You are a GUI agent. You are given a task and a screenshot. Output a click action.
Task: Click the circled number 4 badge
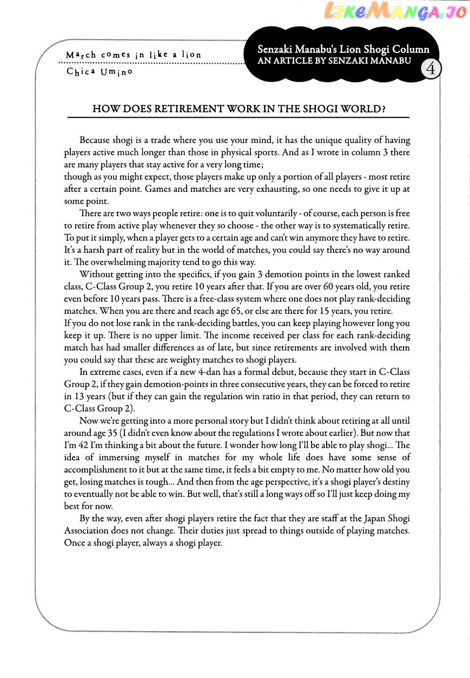pyautogui.click(x=431, y=69)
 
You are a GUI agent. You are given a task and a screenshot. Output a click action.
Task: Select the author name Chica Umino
pyautogui.click(x=99, y=71)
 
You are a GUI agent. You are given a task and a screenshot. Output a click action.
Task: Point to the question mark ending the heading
pyautogui.click(x=383, y=109)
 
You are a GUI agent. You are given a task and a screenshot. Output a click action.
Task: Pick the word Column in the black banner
pyautogui.click(x=412, y=49)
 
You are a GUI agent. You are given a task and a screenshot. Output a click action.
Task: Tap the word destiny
pyautogui.click(x=395, y=481)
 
